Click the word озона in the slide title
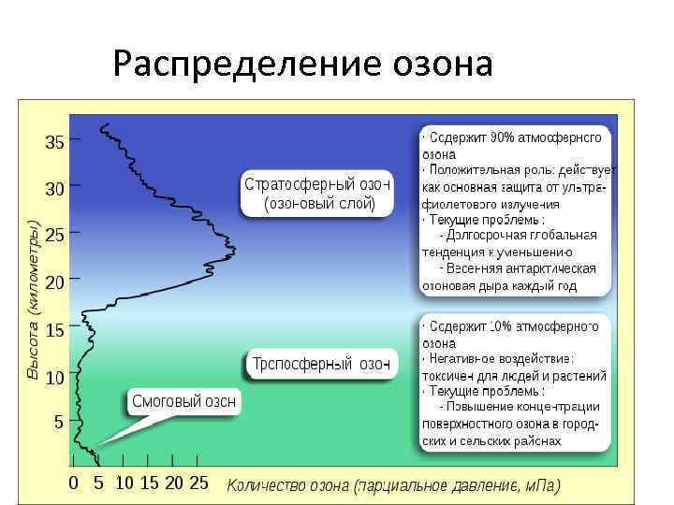coord(436,65)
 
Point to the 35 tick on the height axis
coord(55,143)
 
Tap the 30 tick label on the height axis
coord(55,189)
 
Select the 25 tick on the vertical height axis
coord(55,236)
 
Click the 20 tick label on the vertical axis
coord(55,281)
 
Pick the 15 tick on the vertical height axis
coord(55,330)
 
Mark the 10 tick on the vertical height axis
coord(55,377)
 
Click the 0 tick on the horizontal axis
coord(73,483)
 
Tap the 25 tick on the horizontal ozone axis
coord(198,483)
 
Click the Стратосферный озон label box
coord(317,193)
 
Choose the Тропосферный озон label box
coord(320,364)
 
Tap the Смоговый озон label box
coord(183,401)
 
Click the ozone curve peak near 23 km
coord(234,250)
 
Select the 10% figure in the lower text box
coord(505,326)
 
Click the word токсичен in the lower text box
coord(449,375)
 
